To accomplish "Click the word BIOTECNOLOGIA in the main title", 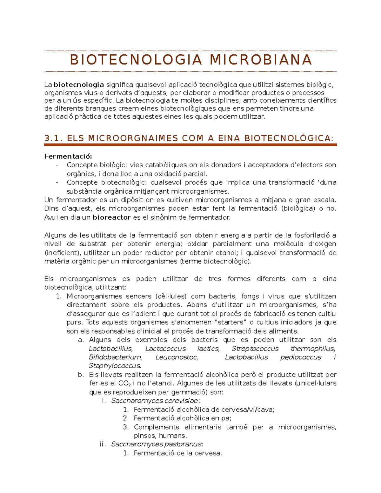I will (136, 60).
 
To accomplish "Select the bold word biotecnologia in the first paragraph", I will (79, 85).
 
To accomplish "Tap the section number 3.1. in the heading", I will (54, 138).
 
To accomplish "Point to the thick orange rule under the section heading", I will (190, 145).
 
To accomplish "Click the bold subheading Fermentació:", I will (68, 156).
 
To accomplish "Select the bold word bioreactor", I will (112, 217).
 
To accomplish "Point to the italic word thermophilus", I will (313, 349).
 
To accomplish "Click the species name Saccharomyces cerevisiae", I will (155, 401).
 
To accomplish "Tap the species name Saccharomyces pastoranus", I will (157, 444).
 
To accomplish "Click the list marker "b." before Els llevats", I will (81, 375).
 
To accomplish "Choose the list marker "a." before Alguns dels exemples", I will (81, 340).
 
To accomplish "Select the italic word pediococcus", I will (301, 357).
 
